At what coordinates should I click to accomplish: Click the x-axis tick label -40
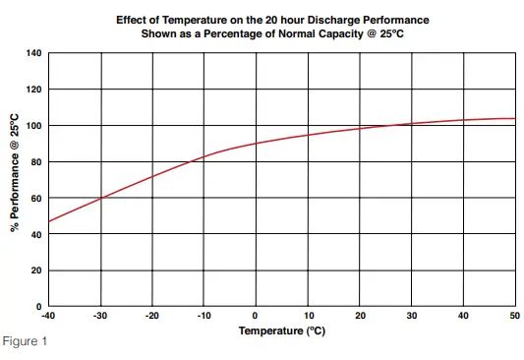[x=47, y=316]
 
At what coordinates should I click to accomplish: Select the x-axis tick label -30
[x=99, y=316]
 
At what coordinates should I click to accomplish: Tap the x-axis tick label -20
[x=151, y=316]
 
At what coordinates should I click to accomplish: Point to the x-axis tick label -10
[x=203, y=316]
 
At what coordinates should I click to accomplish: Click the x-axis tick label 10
[x=308, y=316]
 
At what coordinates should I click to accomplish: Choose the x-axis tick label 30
[x=411, y=316]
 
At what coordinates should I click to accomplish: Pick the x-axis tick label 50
[x=513, y=316]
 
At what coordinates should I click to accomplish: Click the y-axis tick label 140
[x=33, y=53]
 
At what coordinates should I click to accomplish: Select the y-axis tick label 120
[x=33, y=90]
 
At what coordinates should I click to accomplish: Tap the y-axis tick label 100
[x=33, y=126]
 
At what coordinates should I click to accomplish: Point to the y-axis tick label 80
[x=35, y=162]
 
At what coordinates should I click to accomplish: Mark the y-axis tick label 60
[x=35, y=199]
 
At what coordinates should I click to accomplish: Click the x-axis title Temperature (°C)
[x=280, y=330]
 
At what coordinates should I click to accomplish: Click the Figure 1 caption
[x=24, y=341]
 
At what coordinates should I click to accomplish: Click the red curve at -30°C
[x=100, y=199]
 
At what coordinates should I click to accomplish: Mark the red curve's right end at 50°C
[x=514, y=119]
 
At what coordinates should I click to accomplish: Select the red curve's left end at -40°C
[x=48, y=221]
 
